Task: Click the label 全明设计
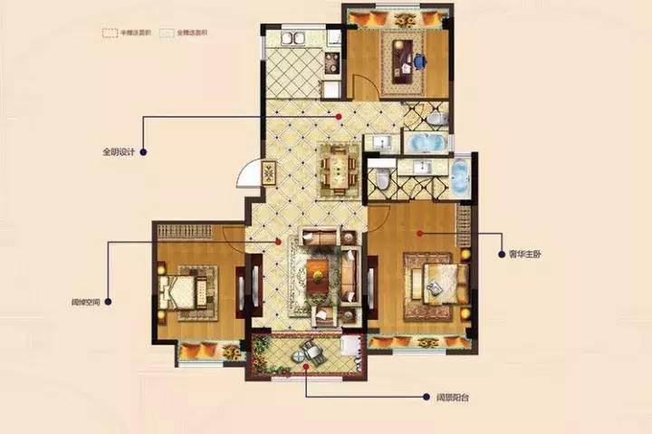click(x=120, y=151)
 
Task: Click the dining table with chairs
click(x=338, y=167)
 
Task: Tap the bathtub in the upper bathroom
click(x=423, y=144)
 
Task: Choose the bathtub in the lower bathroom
click(x=459, y=177)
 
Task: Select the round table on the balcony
click(x=307, y=353)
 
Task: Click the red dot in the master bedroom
click(x=419, y=233)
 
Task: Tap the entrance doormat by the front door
click(x=269, y=171)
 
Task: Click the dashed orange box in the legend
click(x=110, y=33)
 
